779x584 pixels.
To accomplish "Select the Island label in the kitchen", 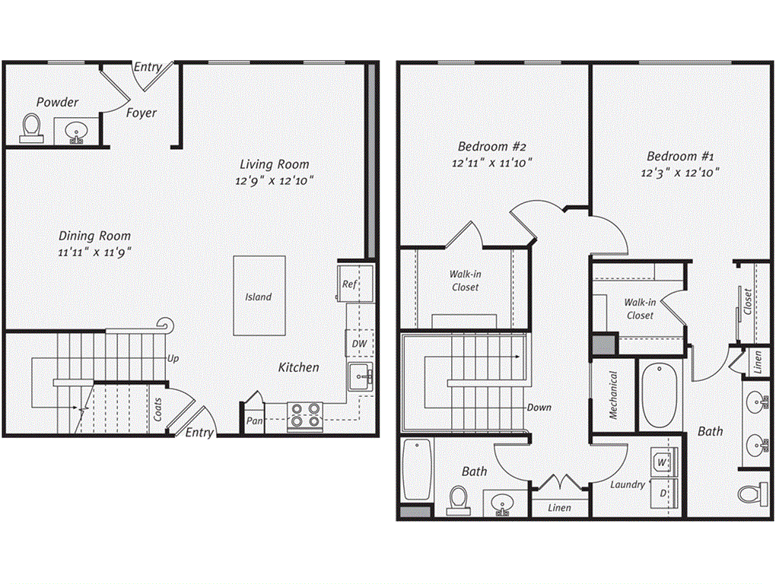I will pyautogui.click(x=258, y=297).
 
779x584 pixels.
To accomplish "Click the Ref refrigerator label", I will pyautogui.click(x=348, y=284).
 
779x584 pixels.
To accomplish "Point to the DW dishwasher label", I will pyautogui.click(x=359, y=344).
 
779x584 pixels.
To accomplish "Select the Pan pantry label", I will pyautogui.click(x=253, y=420).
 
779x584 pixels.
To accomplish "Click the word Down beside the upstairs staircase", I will pyautogui.click(x=539, y=408).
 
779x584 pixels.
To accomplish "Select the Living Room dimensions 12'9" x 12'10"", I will pyautogui.click(x=275, y=181).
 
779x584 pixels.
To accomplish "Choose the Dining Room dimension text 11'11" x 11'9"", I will pyautogui.click(x=94, y=252).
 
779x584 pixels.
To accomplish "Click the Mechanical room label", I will pyautogui.click(x=613, y=395).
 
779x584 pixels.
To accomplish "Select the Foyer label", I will pyautogui.click(x=141, y=113).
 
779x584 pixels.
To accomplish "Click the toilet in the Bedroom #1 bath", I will pyautogui.click(x=753, y=493).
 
